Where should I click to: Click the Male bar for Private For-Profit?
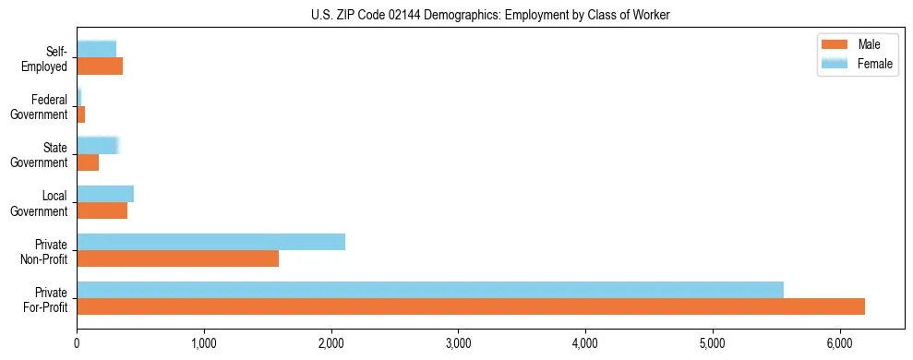(x=471, y=306)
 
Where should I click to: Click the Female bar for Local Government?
(x=105, y=194)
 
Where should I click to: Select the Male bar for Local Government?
(x=102, y=210)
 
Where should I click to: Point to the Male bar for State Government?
(x=88, y=162)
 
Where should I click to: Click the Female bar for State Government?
(x=98, y=145)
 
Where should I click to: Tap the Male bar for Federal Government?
(x=81, y=114)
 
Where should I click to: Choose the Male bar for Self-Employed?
(x=100, y=66)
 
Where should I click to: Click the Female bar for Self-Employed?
(x=96, y=49)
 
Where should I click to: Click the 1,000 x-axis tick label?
(x=204, y=343)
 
